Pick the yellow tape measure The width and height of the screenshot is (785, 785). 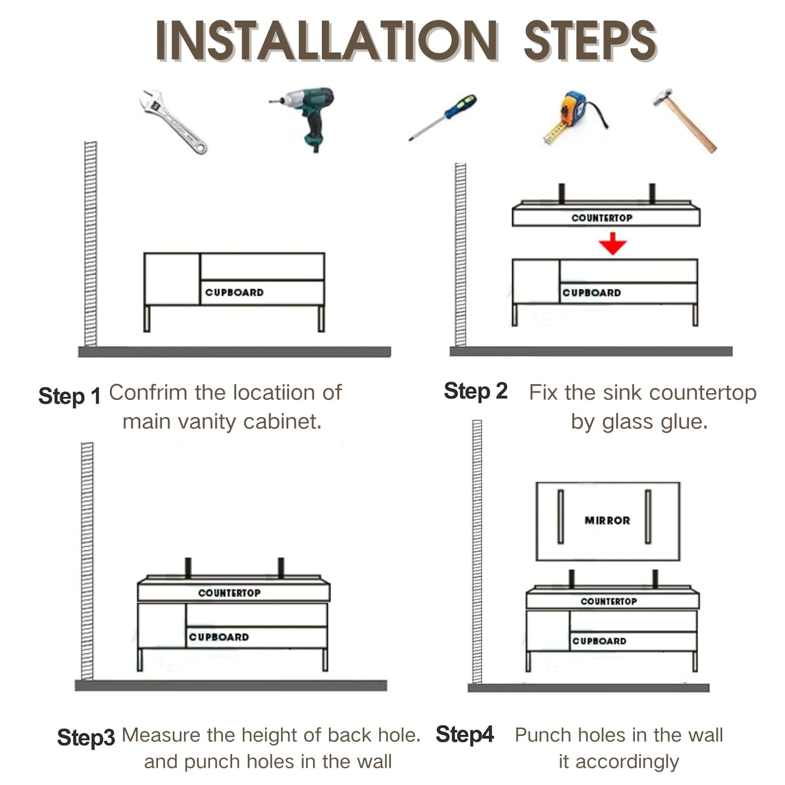pyautogui.click(x=574, y=117)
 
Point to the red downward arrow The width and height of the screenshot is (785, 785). pyautogui.click(x=613, y=244)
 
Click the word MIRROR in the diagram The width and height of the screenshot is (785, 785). pyautogui.click(x=607, y=520)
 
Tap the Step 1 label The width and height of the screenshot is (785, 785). pyautogui.click(x=69, y=396)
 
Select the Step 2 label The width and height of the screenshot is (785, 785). pyautogui.click(x=476, y=391)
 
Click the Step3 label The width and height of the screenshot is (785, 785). pyautogui.click(x=86, y=737)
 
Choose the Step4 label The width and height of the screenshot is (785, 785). pyautogui.click(x=465, y=734)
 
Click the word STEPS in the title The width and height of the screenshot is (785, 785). pyautogui.click(x=590, y=41)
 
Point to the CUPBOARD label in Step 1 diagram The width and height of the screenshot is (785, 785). pyautogui.click(x=234, y=293)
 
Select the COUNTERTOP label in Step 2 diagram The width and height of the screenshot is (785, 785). pyautogui.click(x=602, y=218)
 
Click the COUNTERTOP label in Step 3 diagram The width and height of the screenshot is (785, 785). pyautogui.click(x=229, y=593)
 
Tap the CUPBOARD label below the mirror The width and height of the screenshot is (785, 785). pyautogui.click(x=599, y=641)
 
